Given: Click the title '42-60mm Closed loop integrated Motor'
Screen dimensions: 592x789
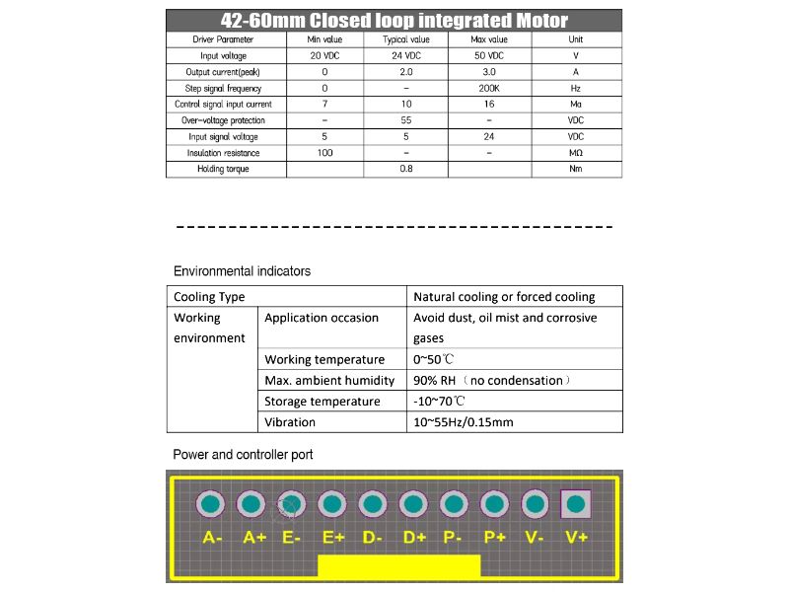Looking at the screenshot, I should tap(394, 21).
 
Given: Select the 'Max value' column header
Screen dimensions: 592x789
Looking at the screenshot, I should tap(489, 39).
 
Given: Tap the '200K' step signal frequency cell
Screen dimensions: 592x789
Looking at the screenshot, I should tap(489, 88).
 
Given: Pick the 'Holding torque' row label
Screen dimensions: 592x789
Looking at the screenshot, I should tap(223, 169).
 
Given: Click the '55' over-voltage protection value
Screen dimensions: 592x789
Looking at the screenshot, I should tap(406, 120).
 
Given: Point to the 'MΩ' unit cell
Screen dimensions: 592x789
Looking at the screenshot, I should tap(576, 153).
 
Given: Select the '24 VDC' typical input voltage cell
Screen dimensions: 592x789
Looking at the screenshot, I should tap(406, 56).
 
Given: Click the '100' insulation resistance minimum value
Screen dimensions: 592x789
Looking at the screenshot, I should tap(324, 153).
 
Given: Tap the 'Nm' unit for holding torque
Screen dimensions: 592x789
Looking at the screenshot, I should tap(576, 169).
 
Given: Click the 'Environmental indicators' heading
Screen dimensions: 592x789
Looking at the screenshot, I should tap(242, 271).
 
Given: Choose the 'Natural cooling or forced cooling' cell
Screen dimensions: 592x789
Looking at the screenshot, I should tap(504, 296).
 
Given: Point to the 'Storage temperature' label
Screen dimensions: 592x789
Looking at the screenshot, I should tap(322, 402).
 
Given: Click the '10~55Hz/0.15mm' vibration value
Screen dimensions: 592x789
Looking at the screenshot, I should tap(463, 422).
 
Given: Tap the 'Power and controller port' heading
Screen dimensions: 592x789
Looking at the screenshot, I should tap(243, 455).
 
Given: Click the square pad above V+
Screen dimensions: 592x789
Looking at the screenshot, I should tap(575, 505).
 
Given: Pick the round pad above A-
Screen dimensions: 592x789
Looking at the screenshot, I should tap(210, 505).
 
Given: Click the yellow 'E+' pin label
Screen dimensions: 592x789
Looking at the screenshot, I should tap(332, 538).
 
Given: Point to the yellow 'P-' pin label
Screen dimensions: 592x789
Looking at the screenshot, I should tap(454, 538).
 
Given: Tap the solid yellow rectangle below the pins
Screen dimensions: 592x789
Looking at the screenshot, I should tap(398, 566).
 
